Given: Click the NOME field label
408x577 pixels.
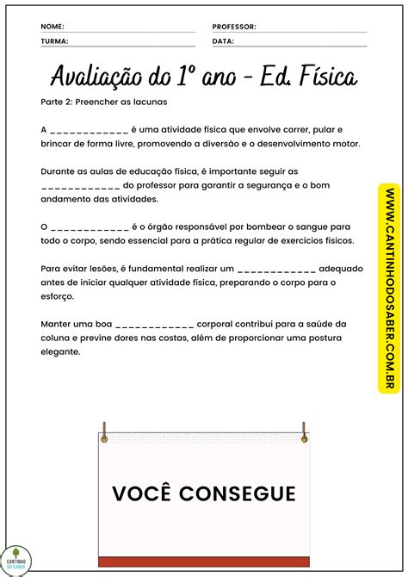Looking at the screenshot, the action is point(52,27).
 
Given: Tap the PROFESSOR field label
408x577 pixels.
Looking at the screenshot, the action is point(234,27).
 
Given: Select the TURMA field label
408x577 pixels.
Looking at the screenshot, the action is point(54,40).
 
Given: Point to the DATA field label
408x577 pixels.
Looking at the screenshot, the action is point(223,40).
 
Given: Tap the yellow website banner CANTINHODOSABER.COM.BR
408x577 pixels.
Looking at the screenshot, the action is point(390,288).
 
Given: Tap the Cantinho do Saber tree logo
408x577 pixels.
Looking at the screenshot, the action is point(15,558).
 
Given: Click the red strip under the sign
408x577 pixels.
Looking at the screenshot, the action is point(203,561).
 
